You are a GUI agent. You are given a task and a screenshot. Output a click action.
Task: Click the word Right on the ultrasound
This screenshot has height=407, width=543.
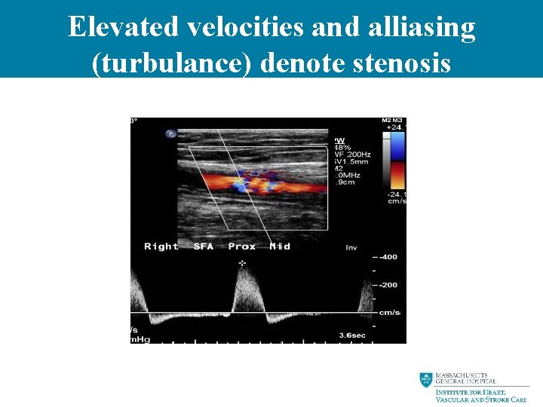(x=161, y=246)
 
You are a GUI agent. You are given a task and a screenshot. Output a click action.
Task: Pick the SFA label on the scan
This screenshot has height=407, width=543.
(x=203, y=246)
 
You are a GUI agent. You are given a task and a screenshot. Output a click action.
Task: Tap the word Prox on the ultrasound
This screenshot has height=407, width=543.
(x=242, y=246)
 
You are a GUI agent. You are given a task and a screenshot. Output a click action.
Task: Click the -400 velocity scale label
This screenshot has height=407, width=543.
(x=388, y=258)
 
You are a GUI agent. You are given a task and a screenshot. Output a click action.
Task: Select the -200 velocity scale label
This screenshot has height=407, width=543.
(x=388, y=285)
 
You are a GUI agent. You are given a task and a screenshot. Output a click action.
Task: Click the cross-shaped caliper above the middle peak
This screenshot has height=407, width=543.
(x=242, y=263)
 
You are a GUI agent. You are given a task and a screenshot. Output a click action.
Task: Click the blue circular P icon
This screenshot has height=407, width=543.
(x=171, y=133)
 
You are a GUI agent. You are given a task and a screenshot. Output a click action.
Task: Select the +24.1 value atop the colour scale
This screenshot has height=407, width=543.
(x=395, y=128)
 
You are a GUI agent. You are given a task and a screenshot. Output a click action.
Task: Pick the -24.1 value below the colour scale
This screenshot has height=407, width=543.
(x=395, y=194)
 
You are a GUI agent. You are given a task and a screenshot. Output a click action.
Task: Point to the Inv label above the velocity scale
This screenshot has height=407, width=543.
(x=351, y=247)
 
